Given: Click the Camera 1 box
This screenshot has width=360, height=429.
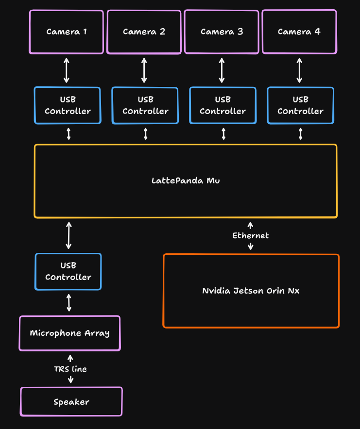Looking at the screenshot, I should pos(67,32).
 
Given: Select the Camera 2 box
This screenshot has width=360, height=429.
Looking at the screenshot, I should pos(144,32).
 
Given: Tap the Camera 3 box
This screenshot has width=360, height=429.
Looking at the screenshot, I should pos(222,32).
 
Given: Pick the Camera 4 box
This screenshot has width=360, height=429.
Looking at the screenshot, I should pos(299,32).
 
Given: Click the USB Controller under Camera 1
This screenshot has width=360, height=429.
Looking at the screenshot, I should pos(68,105).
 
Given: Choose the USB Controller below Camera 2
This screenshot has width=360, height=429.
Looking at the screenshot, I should pos(145,105).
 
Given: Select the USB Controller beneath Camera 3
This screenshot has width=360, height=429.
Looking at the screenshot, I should pos(223,105).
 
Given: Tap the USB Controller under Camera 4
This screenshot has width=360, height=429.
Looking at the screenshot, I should pos(300,105).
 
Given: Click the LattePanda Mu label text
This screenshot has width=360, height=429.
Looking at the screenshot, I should pos(186,181).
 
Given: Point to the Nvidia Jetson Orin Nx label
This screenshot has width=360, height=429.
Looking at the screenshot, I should pos(251,291).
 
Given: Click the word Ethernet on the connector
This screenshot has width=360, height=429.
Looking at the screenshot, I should pos(250,235).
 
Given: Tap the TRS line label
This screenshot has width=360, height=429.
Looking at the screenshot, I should pos(70,369).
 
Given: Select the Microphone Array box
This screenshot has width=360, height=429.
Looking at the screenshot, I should pos(69,333).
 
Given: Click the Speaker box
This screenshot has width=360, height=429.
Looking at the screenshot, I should pos(71,402).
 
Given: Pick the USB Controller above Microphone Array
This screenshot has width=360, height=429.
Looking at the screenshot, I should pos(68,271).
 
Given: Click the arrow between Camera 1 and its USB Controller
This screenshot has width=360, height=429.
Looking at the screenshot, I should pos(67,70).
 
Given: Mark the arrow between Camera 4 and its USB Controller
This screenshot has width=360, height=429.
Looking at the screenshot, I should pos(299,70).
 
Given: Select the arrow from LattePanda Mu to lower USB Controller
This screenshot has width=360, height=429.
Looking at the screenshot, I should pos(69,235).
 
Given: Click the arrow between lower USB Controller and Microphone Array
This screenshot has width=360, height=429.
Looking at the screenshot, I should pos(69,302).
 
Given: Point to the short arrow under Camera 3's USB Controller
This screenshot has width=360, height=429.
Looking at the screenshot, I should pos(223,134).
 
